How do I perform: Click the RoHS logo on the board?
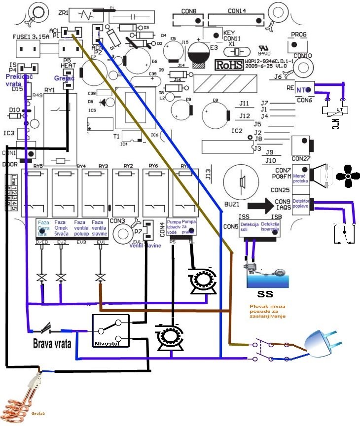pos(230,64)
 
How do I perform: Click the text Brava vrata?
pos(52,343)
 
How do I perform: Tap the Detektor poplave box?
pos(301,204)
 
